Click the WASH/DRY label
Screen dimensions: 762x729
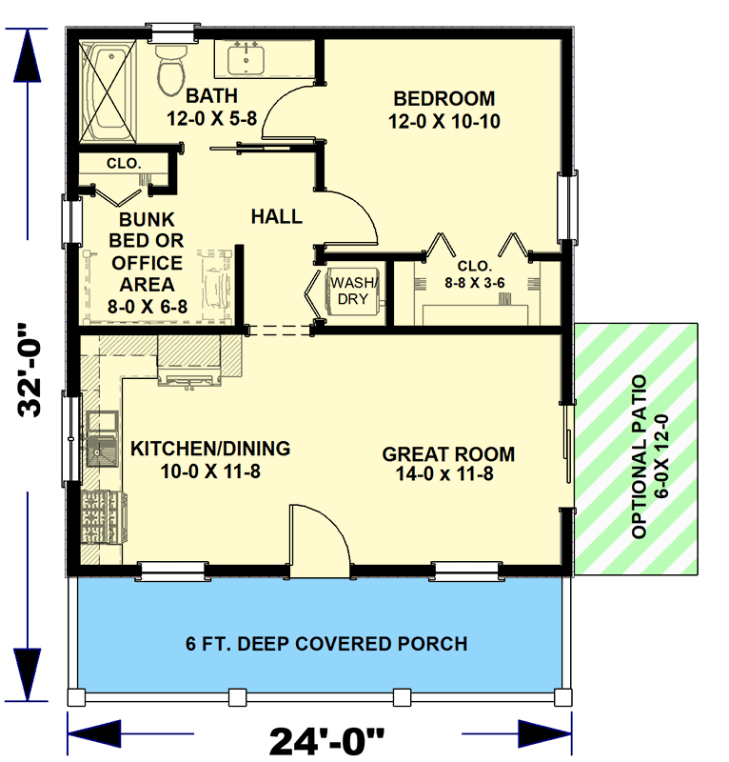(x=353, y=291)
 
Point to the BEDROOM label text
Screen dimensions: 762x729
(x=443, y=98)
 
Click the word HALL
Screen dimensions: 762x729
(x=276, y=217)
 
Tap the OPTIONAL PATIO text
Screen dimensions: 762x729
(x=639, y=457)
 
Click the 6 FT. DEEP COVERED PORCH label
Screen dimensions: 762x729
(x=326, y=644)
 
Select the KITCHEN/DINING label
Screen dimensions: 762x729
(x=210, y=448)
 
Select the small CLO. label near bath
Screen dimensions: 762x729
(x=124, y=164)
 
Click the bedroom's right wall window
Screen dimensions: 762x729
(x=571, y=207)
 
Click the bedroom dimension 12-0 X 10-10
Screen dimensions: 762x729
(x=443, y=121)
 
